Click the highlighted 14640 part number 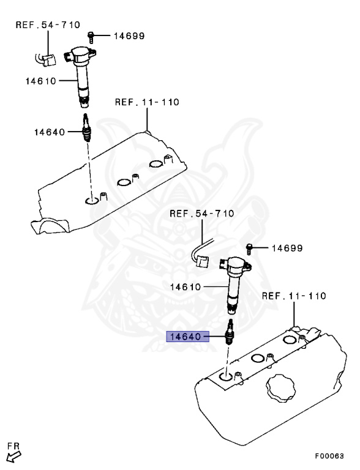click(x=186, y=337)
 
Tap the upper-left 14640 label click(x=50, y=132)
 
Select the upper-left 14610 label click(x=41, y=81)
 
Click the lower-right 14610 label click(x=186, y=287)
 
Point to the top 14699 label click(x=129, y=36)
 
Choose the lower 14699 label click(x=287, y=248)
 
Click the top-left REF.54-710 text click(x=48, y=24)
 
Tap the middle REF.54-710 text click(x=202, y=214)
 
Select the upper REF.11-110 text click(x=147, y=102)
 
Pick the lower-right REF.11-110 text click(x=294, y=296)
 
